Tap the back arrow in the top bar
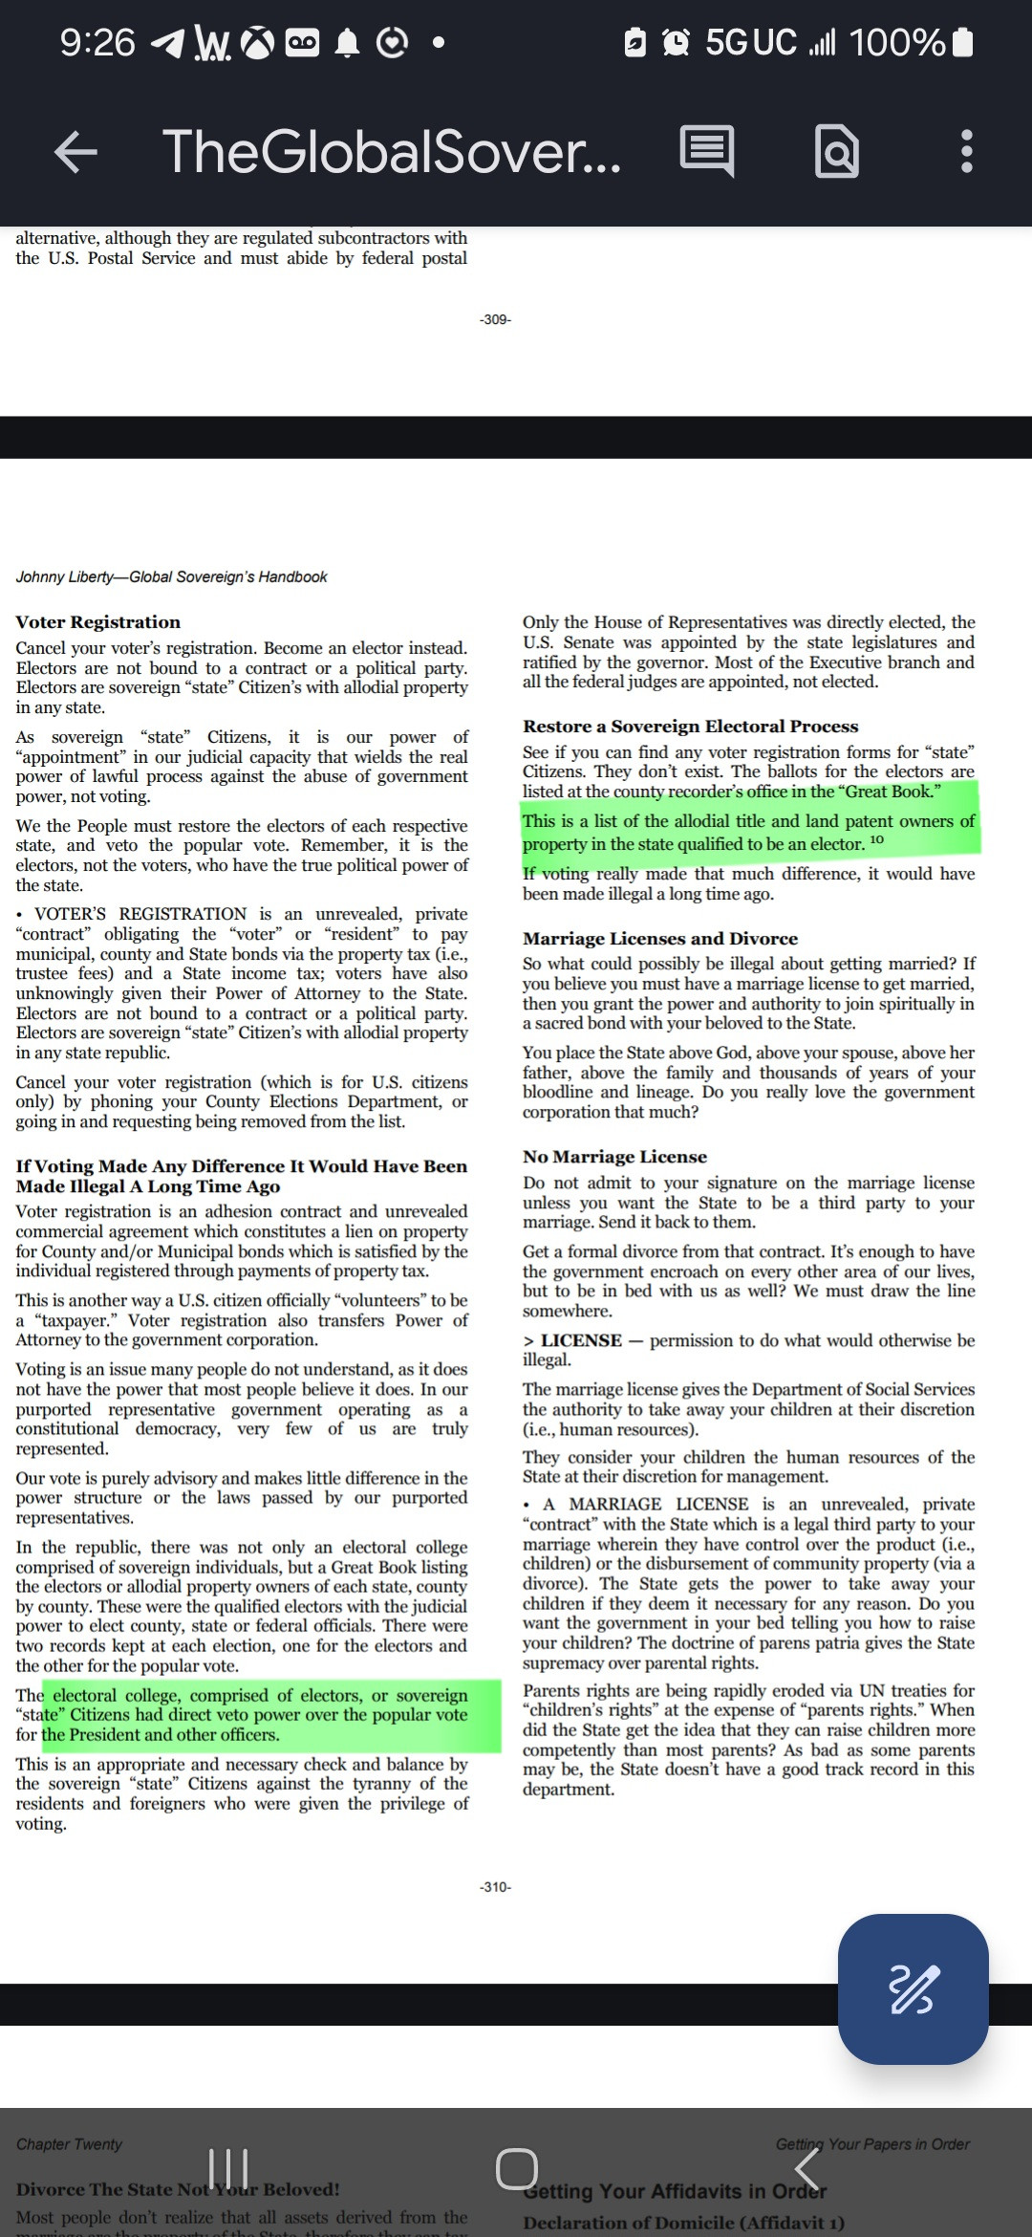pyautogui.click(x=76, y=152)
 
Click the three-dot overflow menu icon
pyautogui.click(x=966, y=152)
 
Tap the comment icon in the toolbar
pyautogui.click(x=707, y=152)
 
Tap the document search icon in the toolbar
pyautogui.click(x=837, y=152)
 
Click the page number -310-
pyautogui.click(x=495, y=1886)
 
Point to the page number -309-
pyautogui.click(x=495, y=319)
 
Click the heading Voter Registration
pyautogui.click(x=97, y=622)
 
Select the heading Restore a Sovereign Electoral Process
pyautogui.click(x=690, y=727)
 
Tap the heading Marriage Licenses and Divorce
pyautogui.click(x=659, y=939)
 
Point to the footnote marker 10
pyautogui.click(x=877, y=840)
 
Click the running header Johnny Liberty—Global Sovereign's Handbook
pyautogui.click(x=171, y=576)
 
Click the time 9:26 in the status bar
pyautogui.click(x=97, y=42)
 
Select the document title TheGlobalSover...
pyautogui.click(x=392, y=152)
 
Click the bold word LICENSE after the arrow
pyautogui.click(x=581, y=1340)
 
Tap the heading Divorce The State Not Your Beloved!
pyautogui.click(x=178, y=2189)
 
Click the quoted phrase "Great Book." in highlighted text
pyautogui.click(x=891, y=792)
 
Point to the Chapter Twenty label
pyautogui.click(x=69, y=2144)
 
